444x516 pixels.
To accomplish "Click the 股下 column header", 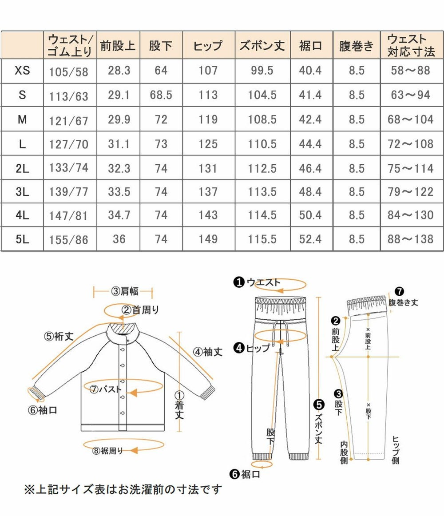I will click(x=161, y=45).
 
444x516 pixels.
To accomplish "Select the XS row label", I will click(x=22, y=70).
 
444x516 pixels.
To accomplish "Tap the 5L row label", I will click(x=22, y=239).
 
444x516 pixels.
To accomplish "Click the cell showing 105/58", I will click(x=69, y=71).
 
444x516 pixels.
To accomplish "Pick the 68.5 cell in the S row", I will click(x=161, y=95).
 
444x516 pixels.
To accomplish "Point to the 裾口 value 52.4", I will click(x=310, y=239).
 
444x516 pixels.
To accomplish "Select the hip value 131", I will click(x=208, y=169).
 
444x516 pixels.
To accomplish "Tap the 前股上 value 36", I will click(x=119, y=239).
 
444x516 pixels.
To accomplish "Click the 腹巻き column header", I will click(x=356, y=45).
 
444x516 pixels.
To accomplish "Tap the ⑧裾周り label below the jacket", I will click(x=108, y=451).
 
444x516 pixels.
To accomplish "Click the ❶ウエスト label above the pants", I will click(x=258, y=282).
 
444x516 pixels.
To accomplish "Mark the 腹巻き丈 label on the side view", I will click(x=403, y=302).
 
